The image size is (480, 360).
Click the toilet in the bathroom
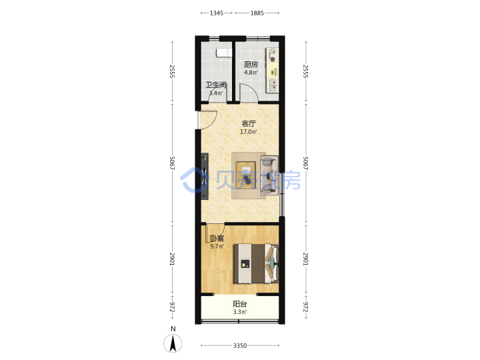[x=224, y=53]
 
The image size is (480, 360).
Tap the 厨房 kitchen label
[x=251, y=64]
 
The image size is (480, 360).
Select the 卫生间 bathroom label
[x=216, y=85]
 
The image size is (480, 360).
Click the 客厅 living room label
[x=248, y=124]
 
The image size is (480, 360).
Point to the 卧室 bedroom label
[x=217, y=238]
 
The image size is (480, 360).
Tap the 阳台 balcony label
[x=240, y=304]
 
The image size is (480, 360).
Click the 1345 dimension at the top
[x=217, y=13]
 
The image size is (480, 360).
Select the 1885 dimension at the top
[x=257, y=13]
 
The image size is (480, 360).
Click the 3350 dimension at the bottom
[x=240, y=345]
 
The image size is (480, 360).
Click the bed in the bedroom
[x=256, y=263]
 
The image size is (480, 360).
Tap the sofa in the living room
[x=269, y=175]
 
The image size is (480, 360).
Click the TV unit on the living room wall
[x=205, y=176]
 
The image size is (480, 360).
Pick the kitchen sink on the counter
[x=272, y=85]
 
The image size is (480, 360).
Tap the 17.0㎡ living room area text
[x=248, y=132]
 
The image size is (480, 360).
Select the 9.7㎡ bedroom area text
[x=217, y=247]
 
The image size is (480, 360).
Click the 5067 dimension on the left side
[x=173, y=163]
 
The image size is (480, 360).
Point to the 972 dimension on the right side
[x=305, y=307]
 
